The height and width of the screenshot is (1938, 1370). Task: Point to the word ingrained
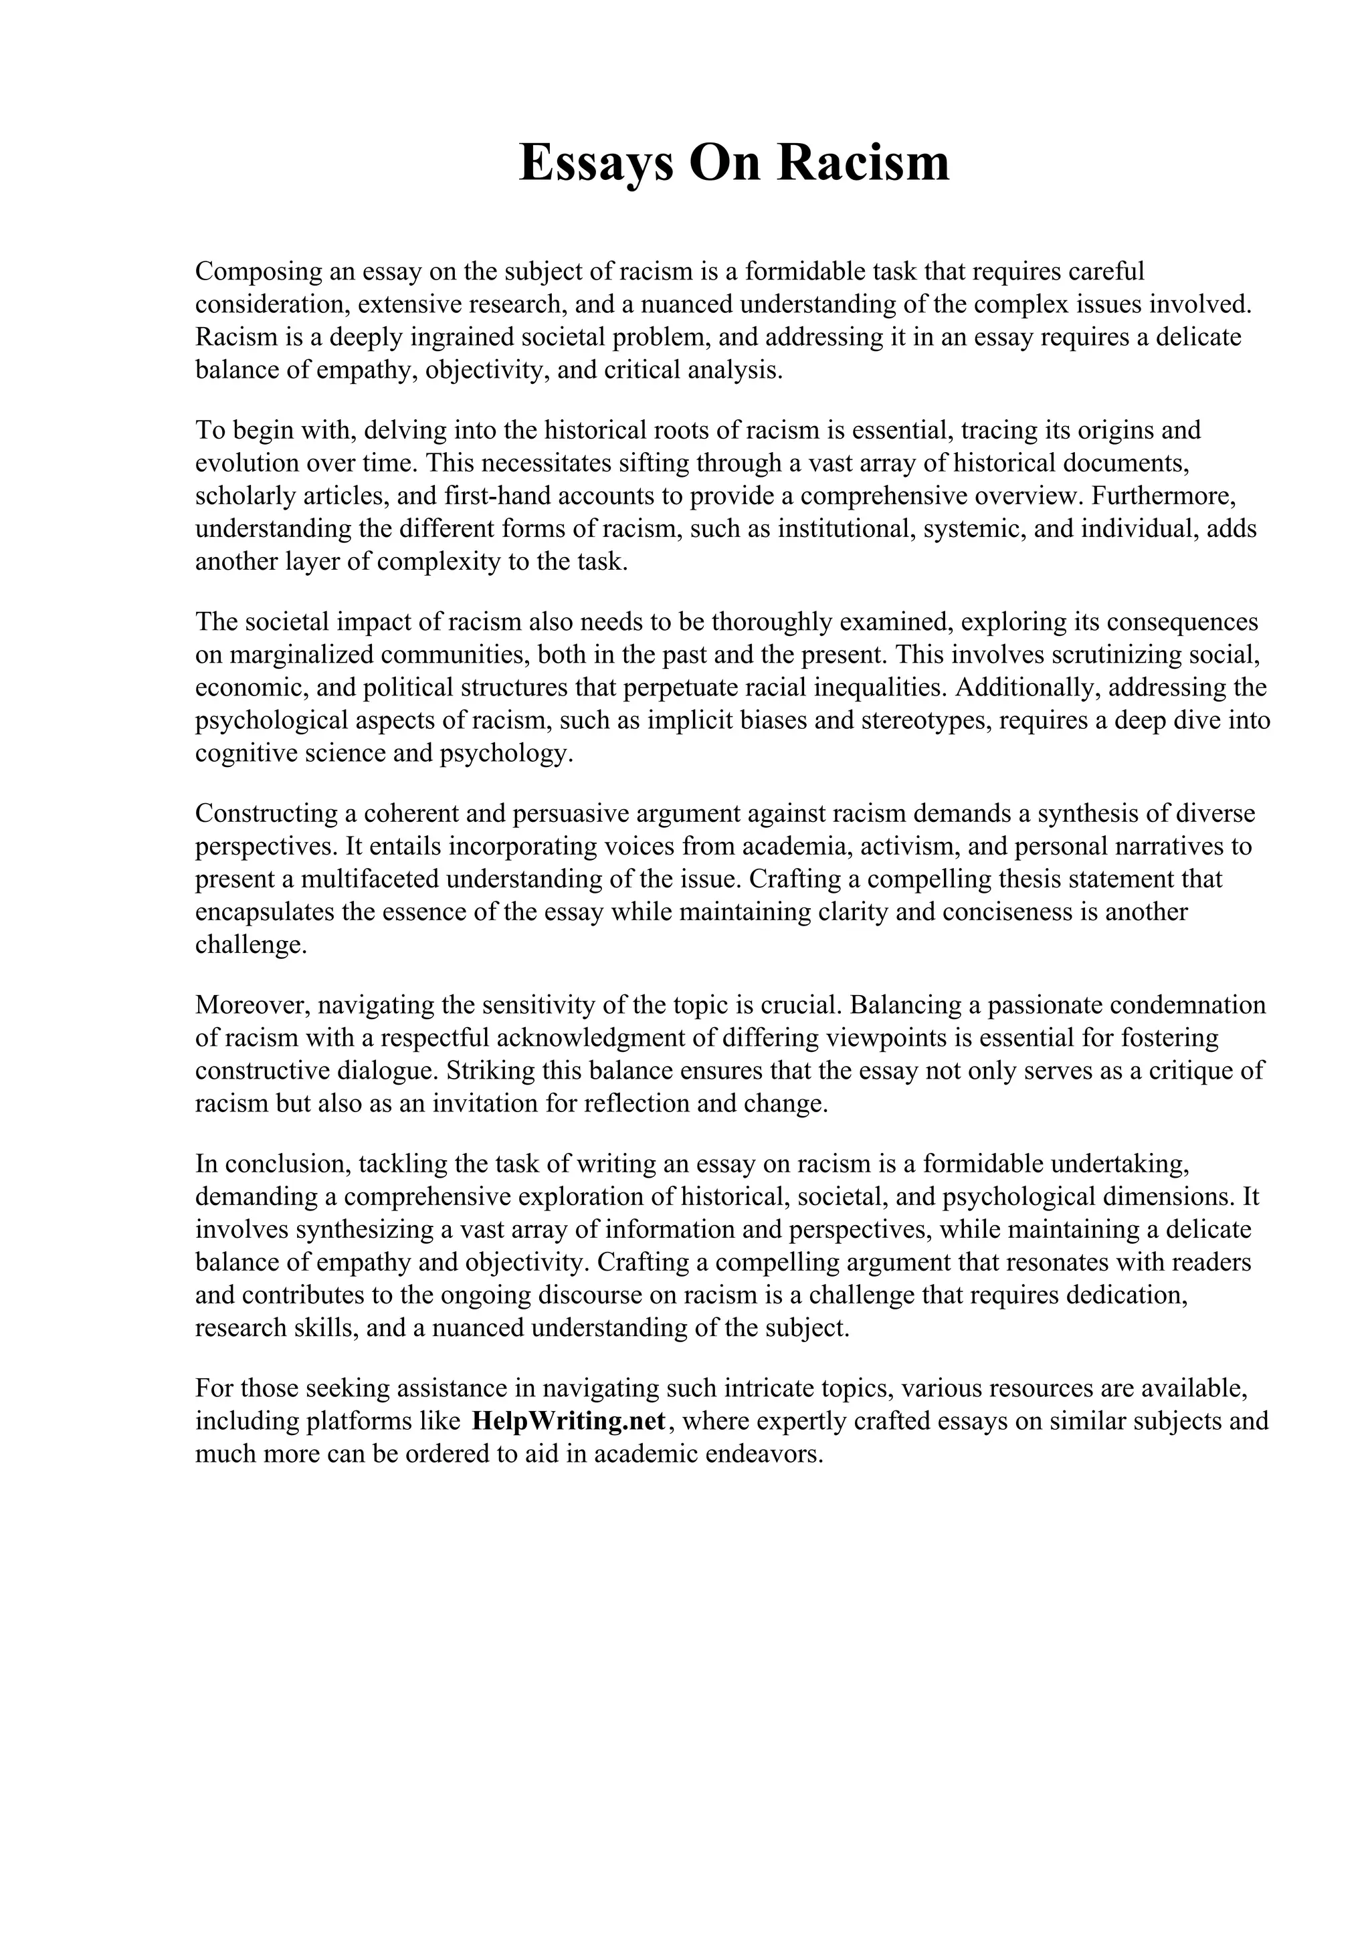pyautogui.click(x=462, y=337)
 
